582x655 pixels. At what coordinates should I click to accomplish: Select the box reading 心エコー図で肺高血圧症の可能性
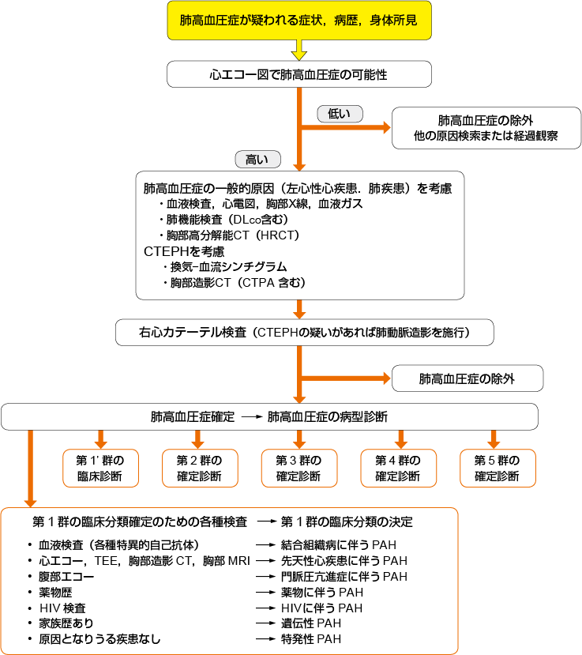(x=299, y=75)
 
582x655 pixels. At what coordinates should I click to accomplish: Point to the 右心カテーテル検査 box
(x=305, y=333)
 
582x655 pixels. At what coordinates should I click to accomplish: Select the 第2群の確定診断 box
(x=199, y=469)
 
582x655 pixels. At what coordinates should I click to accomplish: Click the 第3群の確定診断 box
(x=299, y=469)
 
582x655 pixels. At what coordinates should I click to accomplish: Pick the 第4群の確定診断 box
(x=398, y=469)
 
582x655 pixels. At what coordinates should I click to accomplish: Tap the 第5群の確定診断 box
(x=498, y=469)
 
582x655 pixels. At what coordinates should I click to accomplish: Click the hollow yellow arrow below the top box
(x=299, y=52)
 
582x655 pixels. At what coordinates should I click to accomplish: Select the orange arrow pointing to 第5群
(x=494, y=439)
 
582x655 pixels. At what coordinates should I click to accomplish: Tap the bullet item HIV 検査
(x=62, y=608)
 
